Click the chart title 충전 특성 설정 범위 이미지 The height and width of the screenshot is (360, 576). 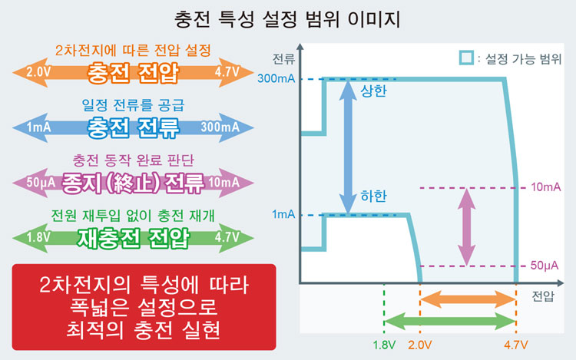(x=288, y=16)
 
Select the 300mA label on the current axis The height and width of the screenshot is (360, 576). (x=276, y=79)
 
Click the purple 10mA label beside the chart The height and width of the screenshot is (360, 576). (x=545, y=187)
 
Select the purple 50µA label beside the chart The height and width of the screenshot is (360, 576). (x=545, y=266)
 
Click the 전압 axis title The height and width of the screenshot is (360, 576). (x=542, y=295)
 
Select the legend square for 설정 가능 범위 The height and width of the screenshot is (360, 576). (x=465, y=58)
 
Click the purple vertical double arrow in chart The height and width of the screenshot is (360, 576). (x=465, y=226)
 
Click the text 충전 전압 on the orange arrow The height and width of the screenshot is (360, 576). (x=134, y=73)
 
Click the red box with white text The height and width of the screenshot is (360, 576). (x=144, y=306)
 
